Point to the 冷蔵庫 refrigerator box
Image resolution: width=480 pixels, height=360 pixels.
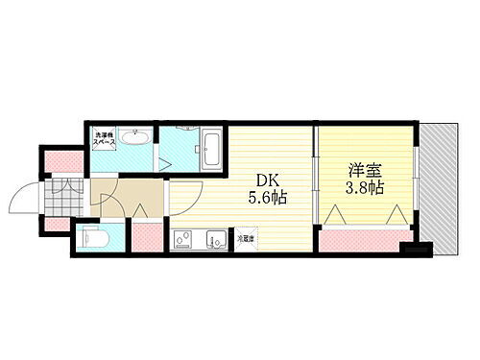point(246,237)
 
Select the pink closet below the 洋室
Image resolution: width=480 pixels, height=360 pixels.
point(364,235)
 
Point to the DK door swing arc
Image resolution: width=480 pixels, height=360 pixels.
point(184,198)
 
